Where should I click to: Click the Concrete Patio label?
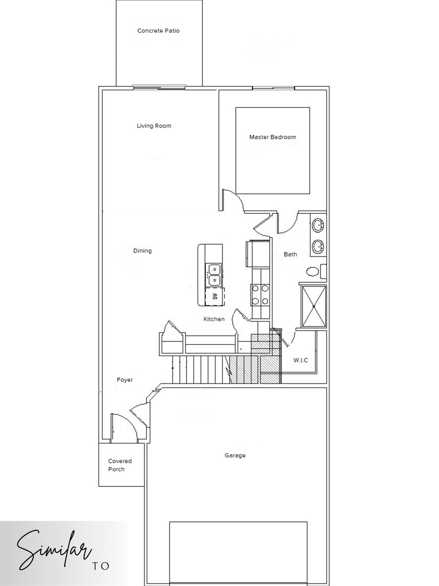pos(158,31)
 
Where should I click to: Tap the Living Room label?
pos(154,126)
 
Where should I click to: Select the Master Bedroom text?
pos(273,137)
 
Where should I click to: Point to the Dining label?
pos(142,251)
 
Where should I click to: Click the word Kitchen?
pos(214,319)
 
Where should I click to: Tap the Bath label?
pos(290,254)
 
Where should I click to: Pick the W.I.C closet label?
pos(301,360)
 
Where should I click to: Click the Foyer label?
pos(125,380)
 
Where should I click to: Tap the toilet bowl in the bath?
pos(313,271)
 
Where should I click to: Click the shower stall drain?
pos(314,306)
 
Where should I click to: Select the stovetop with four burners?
pos(260,294)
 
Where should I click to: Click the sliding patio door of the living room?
pos(159,87)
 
